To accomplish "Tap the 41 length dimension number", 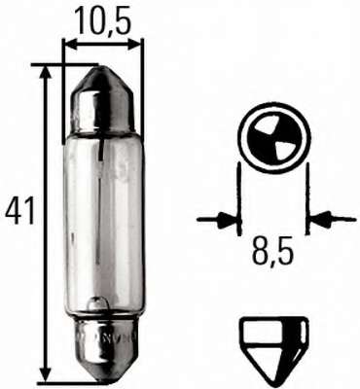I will click(x=19, y=208).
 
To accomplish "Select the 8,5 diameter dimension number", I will click(x=274, y=256).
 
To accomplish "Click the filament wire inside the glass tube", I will click(x=103, y=214).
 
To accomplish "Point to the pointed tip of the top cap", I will click(x=102, y=67).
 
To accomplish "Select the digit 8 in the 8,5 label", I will click(x=262, y=256).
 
